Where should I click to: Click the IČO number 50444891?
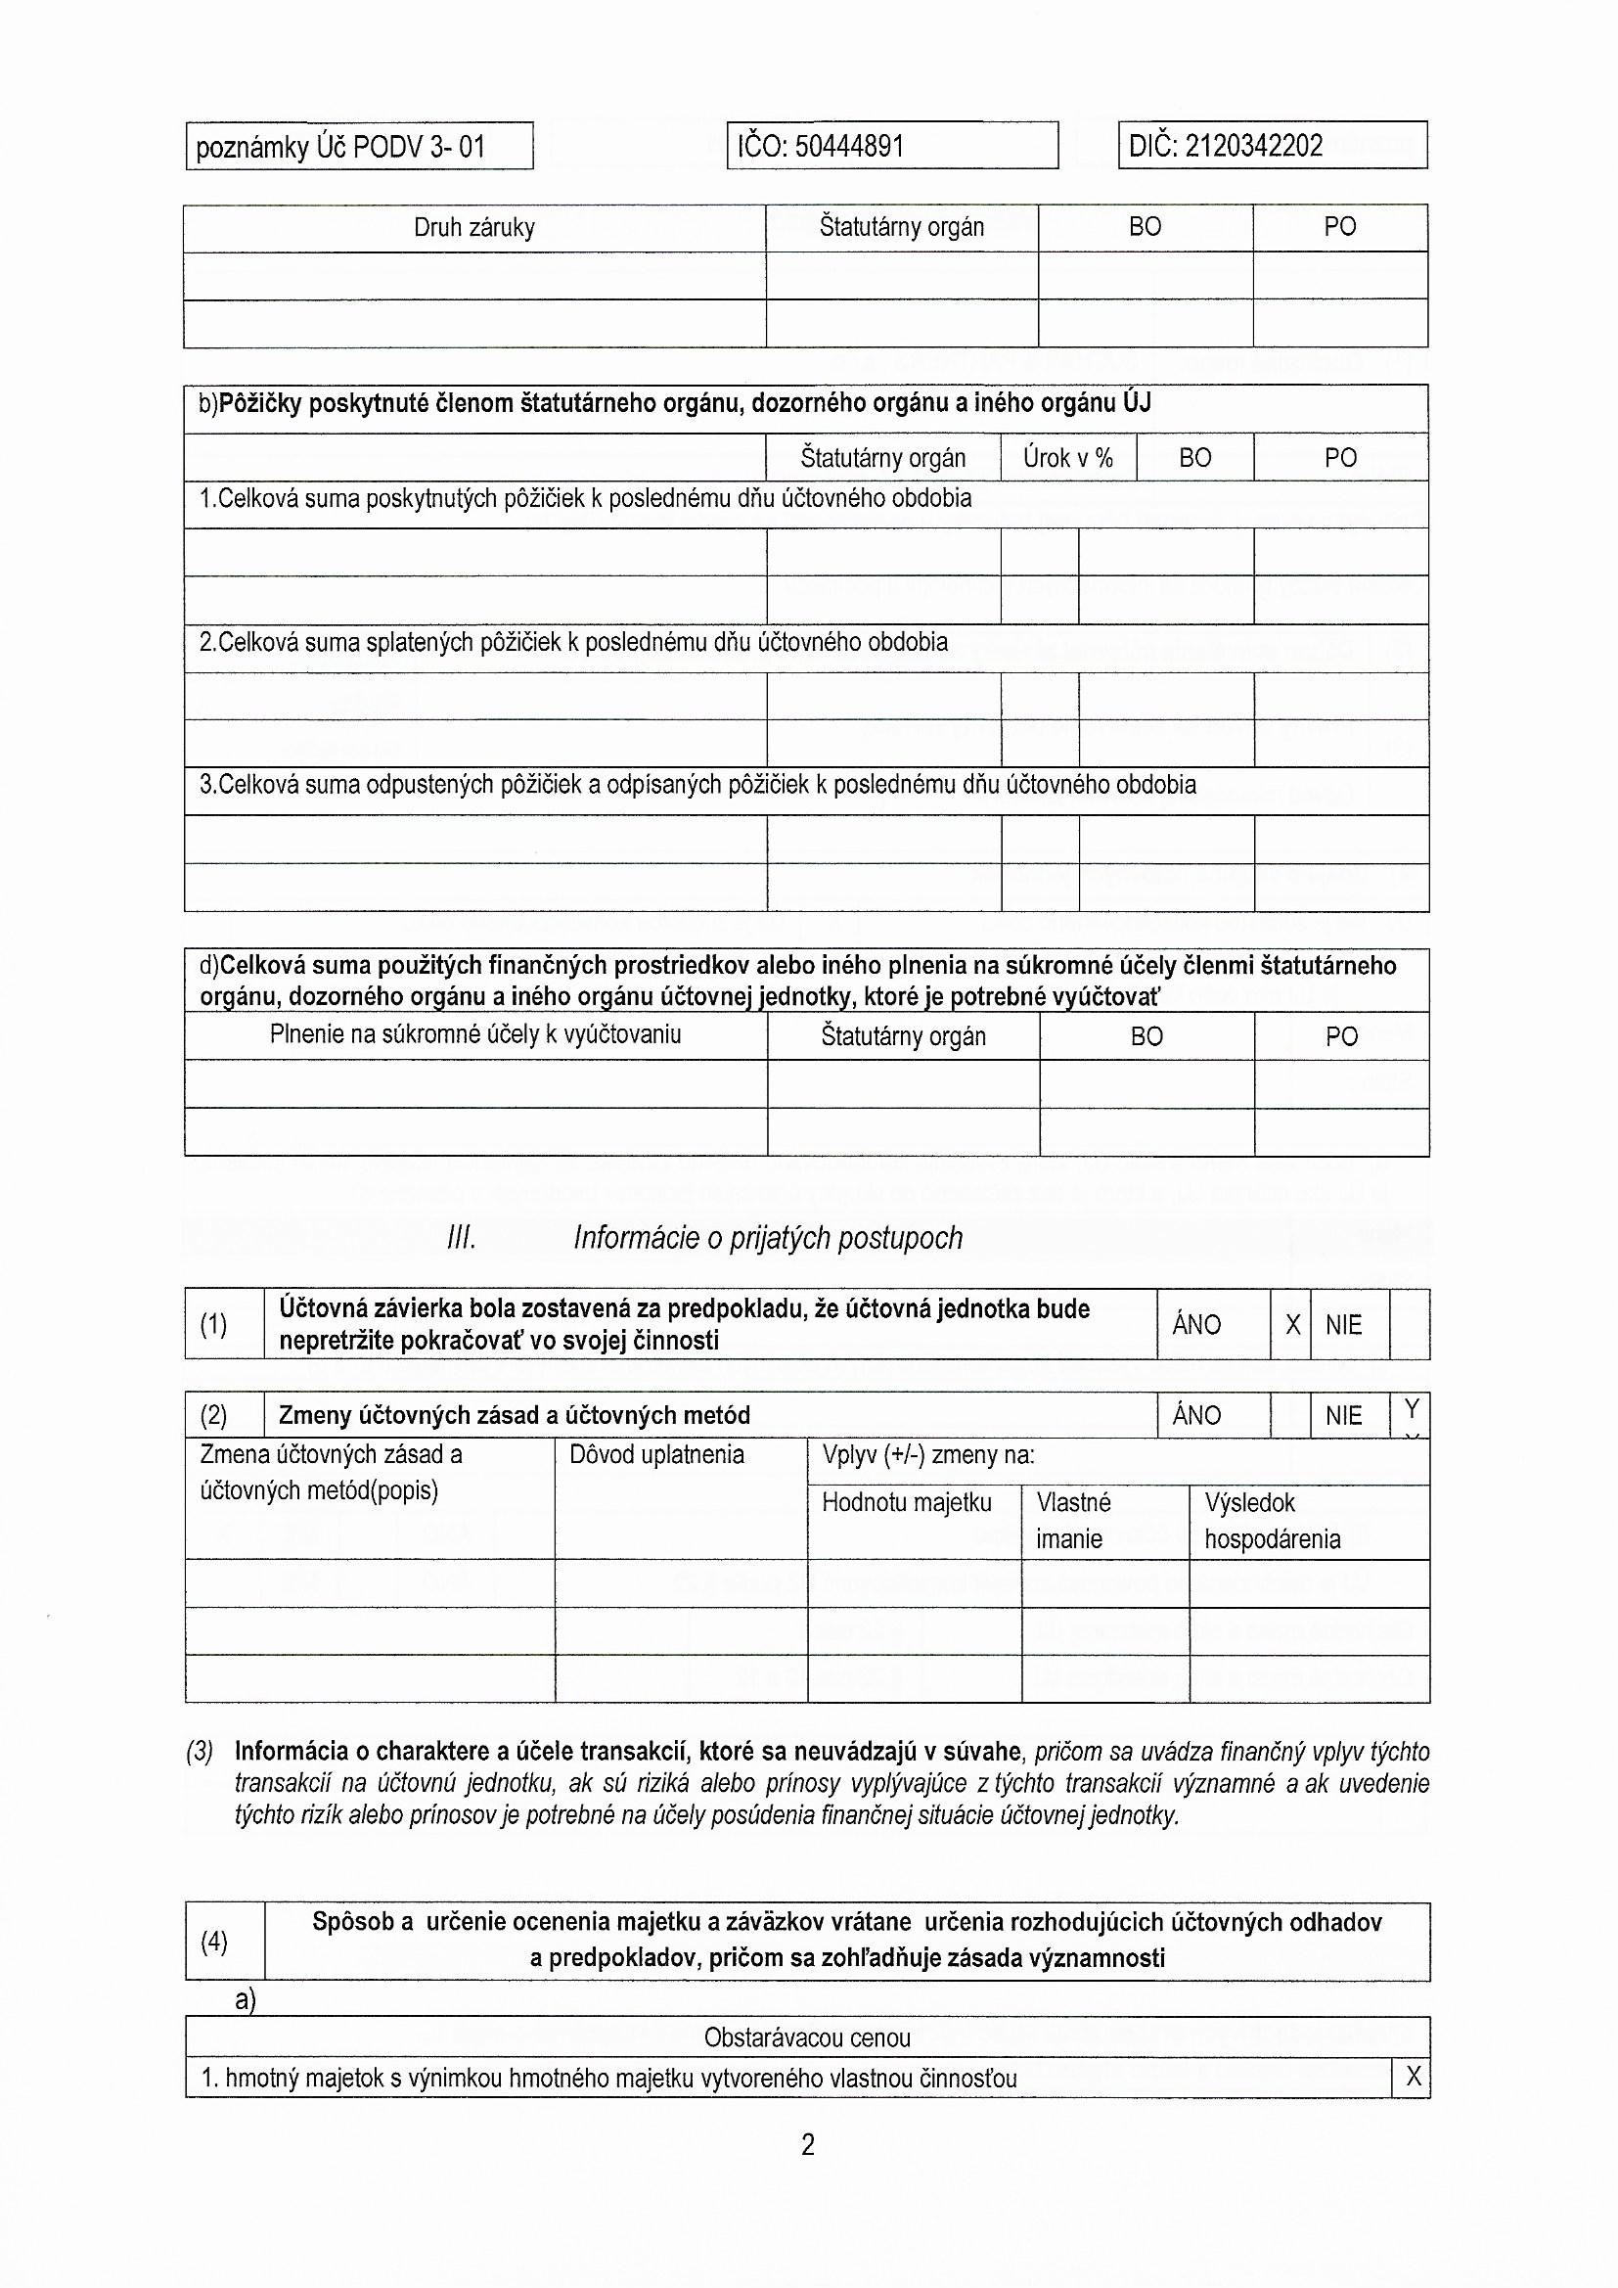(x=850, y=148)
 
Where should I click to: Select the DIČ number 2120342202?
(x=1253, y=147)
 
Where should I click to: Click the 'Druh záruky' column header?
(x=474, y=228)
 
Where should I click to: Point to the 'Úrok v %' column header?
(x=1067, y=457)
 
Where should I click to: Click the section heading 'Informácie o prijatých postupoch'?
(x=768, y=1238)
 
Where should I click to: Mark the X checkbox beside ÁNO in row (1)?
(x=1292, y=1324)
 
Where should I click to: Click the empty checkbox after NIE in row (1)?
(x=1409, y=1324)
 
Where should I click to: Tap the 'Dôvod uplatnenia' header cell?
(x=656, y=1454)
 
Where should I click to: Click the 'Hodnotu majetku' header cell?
(x=907, y=1502)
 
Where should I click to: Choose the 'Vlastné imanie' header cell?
(x=1073, y=1520)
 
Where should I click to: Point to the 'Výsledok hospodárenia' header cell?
(x=1272, y=1520)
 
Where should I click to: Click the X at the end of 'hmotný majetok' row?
(x=1413, y=2078)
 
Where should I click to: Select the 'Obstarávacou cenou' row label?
(x=807, y=2037)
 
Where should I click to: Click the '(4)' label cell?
(x=214, y=1941)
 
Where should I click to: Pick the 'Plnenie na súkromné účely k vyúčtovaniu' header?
(x=475, y=1034)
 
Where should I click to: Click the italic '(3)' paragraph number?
(x=200, y=1752)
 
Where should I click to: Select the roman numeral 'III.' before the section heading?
(x=462, y=1239)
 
